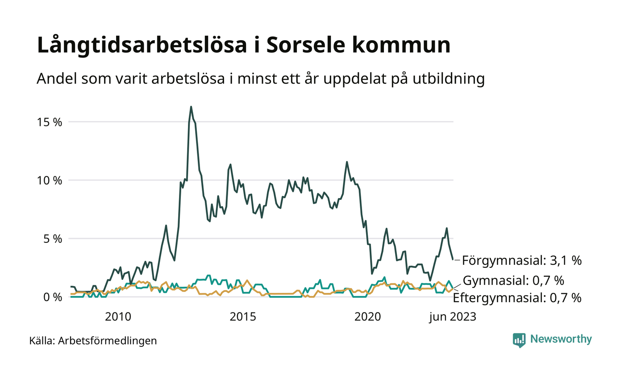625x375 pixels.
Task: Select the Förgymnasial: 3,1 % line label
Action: coord(522,260)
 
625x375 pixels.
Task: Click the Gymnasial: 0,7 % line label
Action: coord(513,281)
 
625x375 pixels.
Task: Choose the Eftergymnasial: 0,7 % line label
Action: coord(517,298)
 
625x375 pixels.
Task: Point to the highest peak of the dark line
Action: coord(191,107)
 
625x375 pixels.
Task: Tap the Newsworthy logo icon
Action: coord(519,340)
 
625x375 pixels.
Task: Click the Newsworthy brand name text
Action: coord(561,339)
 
